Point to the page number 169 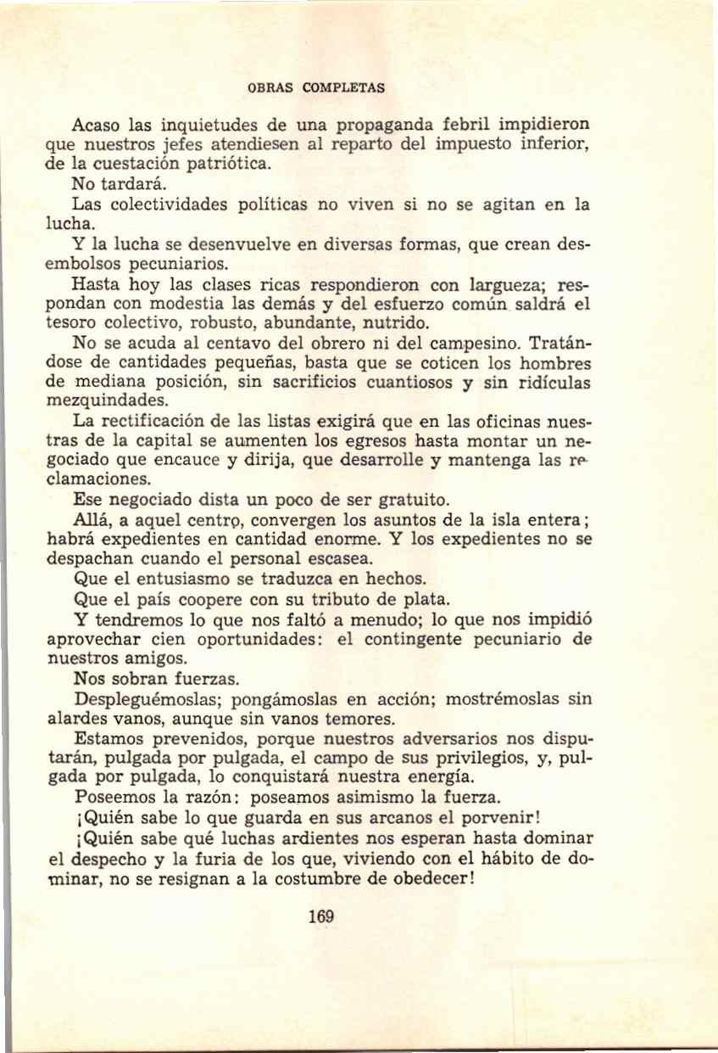[x=321, y=916]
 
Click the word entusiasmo [x=190, y=579]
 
